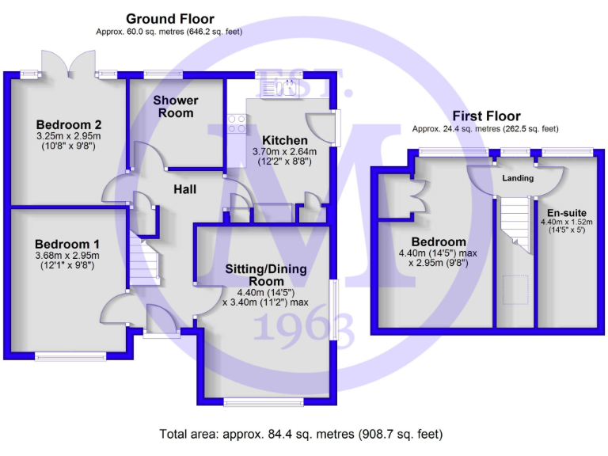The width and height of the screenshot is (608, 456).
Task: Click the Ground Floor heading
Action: pos(169,19)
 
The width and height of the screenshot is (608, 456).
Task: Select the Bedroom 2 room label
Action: pos(69,124)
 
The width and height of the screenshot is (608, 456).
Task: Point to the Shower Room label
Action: pos(176,106)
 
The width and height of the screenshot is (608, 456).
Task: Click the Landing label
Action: pos(518,178)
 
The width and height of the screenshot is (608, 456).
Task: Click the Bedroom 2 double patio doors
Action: pos(69,65)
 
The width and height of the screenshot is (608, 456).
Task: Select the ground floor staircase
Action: pos(145,257)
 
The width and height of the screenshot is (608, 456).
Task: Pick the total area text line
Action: pos(301,434)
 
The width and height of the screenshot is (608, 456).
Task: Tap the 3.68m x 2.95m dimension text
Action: pos(66,256)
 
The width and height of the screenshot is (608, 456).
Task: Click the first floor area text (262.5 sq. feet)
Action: pos(484,128)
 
